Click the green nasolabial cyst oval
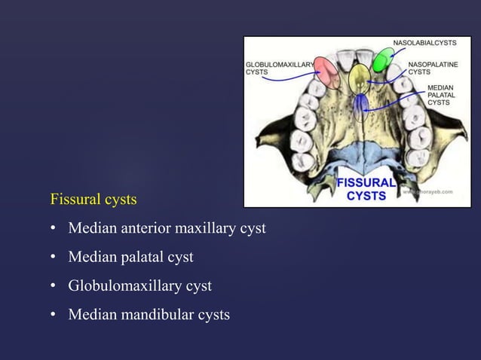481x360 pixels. [383, 59]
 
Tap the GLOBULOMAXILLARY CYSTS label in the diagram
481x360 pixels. [277, 69]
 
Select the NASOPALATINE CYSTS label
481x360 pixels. [433, 69]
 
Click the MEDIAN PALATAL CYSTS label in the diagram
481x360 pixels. [440, 96]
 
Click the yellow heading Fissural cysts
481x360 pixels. [93, 200]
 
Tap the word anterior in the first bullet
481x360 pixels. [143, 228]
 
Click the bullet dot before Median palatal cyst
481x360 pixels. [54, 258]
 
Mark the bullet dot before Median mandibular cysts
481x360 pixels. [54, 316]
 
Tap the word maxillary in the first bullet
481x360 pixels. [204, 228]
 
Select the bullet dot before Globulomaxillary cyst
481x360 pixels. [54, 287]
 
